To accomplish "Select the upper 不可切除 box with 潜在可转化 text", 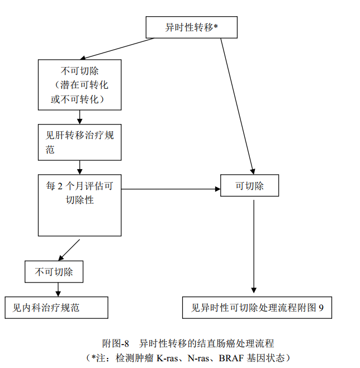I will click(x=79, y=85).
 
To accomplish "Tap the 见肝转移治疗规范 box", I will click(x=79, y=142).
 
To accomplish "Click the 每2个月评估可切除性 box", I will click(x=79, y=204).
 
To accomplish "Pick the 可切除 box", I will click(x=249, y=186).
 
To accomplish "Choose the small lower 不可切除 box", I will click(x=54, y=272).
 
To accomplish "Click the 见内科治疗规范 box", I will click(x=56, y=307).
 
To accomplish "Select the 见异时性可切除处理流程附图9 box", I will click(x=257, y=307).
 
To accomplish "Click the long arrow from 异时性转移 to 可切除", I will click(x=237, y=103).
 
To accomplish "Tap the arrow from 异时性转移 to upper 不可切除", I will click(x=117, y=48).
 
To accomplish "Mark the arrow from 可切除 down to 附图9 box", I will click(x=254, y=246).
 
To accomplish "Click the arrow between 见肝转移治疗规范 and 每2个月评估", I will click(x=80, y=166).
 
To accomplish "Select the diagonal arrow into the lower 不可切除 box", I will click(x=70, y=250).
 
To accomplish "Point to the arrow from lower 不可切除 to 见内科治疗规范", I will click(x=57, y=289).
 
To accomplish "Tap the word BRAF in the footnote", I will click(x=229, y=357).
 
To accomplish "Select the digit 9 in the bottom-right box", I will click(x=321, y=307).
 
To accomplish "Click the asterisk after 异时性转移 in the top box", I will click(x=216, y=26).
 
